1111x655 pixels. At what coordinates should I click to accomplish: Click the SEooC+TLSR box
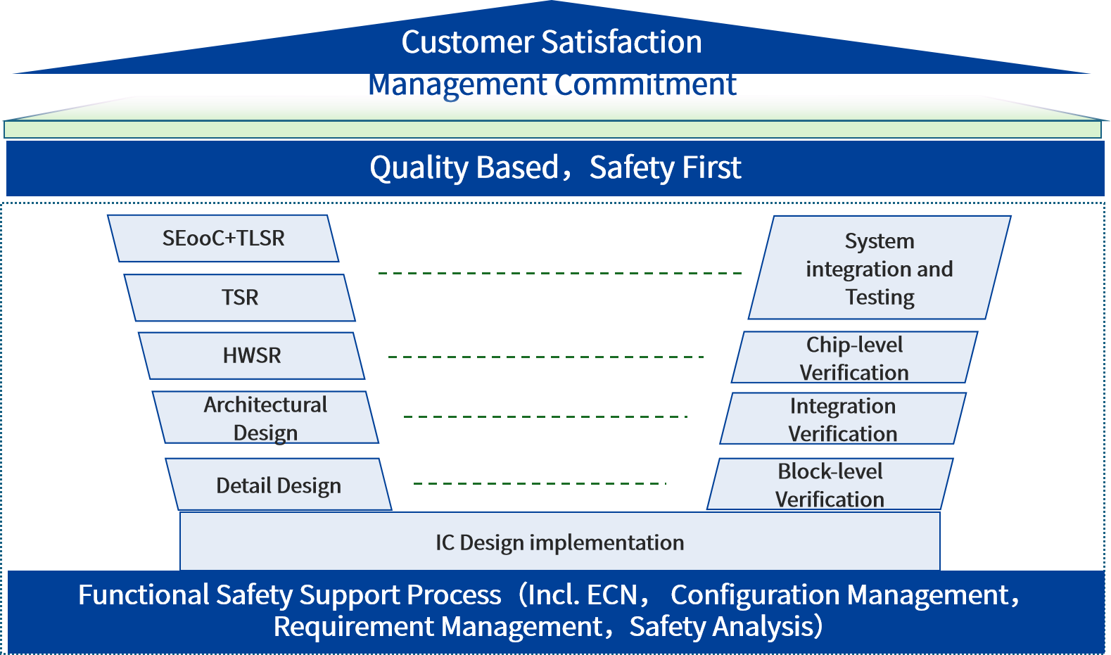click(x=224, y=239)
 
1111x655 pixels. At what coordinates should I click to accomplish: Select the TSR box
click(x=240, y=298)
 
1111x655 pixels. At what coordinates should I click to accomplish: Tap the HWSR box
click(x=252, y=356)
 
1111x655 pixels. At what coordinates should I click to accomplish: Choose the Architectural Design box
click(x=265, y=418)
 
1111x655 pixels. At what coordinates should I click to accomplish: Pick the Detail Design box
click(x=279, y=485)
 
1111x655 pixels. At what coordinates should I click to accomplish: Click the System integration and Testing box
click(x=880, y=269)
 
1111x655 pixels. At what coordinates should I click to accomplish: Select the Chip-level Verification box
click(x=854, y=358)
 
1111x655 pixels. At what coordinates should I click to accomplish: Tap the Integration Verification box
click(x=843, y=419)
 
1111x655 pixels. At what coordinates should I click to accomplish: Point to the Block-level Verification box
click(x=830, y=485)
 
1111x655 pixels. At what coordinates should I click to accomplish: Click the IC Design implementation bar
click(x=559, y=542)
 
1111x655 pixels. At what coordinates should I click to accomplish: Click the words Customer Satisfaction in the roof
click(x=552, y=42)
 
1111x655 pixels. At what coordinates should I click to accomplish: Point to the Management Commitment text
click(x=552, y=84)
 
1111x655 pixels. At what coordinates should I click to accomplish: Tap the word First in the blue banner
click(x=711, y=168)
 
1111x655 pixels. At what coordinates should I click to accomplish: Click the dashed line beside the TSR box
click(x=560, y=273)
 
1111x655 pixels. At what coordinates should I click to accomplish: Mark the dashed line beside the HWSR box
click(x=546, y=357)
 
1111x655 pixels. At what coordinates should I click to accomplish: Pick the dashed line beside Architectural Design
click(x=545, y=417)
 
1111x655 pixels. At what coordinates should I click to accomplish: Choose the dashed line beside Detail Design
click(x=539, y=483)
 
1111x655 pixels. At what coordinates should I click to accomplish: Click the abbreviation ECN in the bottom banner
click(x=611, y=595)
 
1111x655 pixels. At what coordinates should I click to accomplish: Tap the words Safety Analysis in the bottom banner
click(x=720, y=626)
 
